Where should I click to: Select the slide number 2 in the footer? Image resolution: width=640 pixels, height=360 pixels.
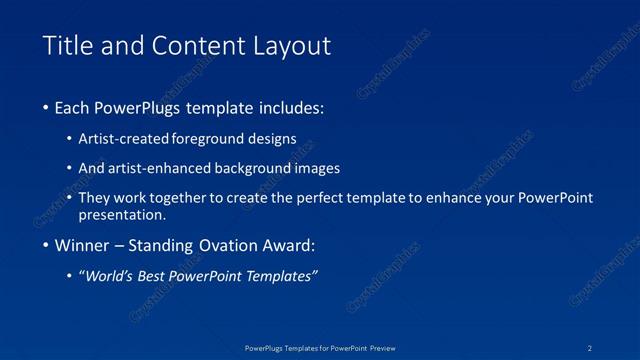pos(591,348)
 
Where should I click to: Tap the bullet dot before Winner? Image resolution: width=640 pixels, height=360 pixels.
pos(47,246)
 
